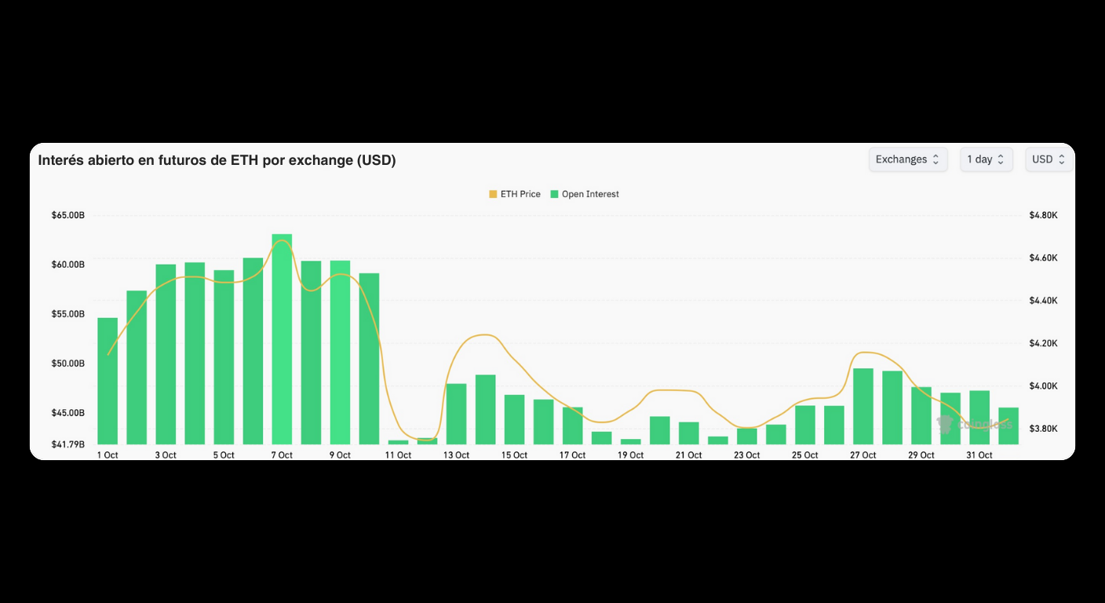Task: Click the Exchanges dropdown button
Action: pos(907,159)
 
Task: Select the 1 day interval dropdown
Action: pos(986,159)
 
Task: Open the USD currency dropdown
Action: pos(1048,159)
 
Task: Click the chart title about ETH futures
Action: pos(217,160)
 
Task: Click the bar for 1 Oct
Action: pos(108,381)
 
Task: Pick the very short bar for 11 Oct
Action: pos(398,442)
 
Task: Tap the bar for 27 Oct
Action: pos(863,406)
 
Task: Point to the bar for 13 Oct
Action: pos(456,414)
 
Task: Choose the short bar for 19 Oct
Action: pos(631,441)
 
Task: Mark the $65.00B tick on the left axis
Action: pos(68,215)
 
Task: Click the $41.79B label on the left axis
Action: pos(68,444)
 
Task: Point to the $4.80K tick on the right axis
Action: pos(1043,215)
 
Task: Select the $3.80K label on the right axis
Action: pos(1043,429)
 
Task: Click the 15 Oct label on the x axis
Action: pos(515,455)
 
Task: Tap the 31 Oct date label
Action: pos(979,455)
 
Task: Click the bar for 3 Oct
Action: pos(166,354)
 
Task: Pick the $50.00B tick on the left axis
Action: pos(68,364)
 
